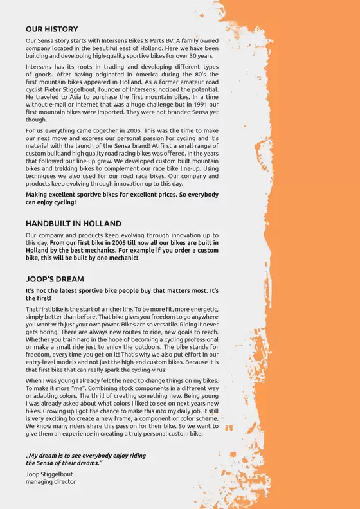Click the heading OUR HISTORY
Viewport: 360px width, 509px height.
[x=51, y=29]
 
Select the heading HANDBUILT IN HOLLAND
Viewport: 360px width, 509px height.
[x=73, y=224]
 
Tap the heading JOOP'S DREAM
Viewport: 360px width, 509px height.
[x=55, y=280]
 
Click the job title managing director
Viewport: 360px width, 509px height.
[x=51, y=481]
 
